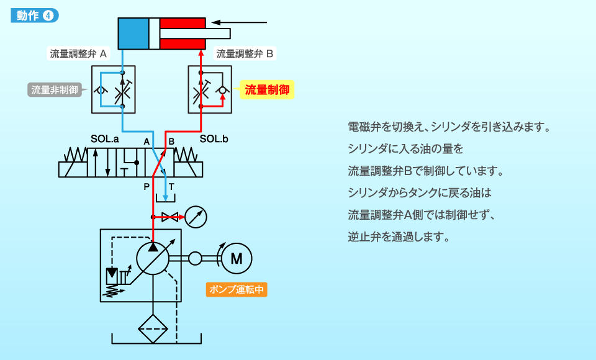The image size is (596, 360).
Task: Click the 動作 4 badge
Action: pyautogui.click(x=35, y=16)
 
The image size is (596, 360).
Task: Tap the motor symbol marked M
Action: pyautogui.click(x=237, y=258)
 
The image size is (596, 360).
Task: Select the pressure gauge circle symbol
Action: pyautogui.click(x=196, y=217)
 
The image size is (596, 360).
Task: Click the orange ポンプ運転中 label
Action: pyautogui.click(x=237, y=289)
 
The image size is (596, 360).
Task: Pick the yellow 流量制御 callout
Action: pyautogui.click(x=267, y=91)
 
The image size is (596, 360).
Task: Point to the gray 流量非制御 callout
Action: pyautogui.click(x=55, y=90)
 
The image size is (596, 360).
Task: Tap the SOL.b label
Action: pyautogui.click(x=214, y=140)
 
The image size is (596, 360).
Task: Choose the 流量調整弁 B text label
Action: pyautogui.click(x=245, y=54)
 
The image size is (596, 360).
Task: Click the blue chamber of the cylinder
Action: pyautogui.click(x=133, y=34)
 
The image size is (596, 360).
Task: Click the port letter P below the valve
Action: pyautogui.click(x=147, y=186)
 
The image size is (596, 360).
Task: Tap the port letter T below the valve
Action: pyautogui.click(x=171, y=186)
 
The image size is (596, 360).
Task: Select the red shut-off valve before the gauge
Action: pyautogui.click(x=169, y=217)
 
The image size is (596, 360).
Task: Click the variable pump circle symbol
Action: pyautogui.click(x=153, y=258)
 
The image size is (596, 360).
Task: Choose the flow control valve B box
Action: pyautogui.click(x=210, y=89)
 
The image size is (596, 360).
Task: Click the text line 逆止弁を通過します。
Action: pyautogui.click(x=398, y=236)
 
